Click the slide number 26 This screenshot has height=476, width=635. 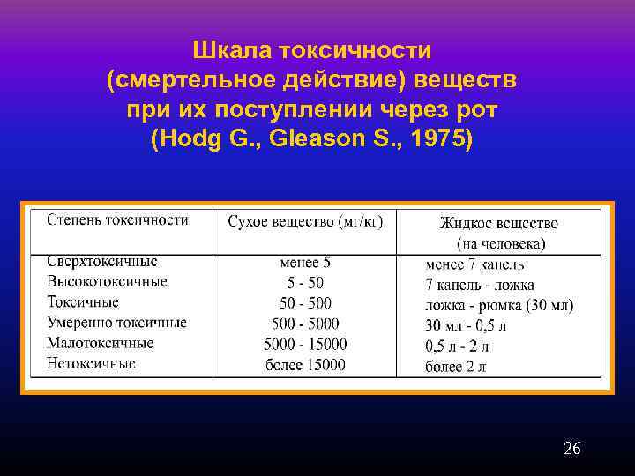(572, 449)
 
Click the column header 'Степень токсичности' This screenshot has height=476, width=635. (117, 219)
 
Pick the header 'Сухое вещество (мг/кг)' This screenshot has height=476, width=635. (305, 221)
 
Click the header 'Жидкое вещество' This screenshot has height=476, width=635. (500, 224)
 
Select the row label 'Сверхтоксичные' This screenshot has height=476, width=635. (102, 261)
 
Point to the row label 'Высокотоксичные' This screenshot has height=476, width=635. (107, 282)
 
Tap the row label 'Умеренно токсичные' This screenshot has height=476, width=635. (116, 323)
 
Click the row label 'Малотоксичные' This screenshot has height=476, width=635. (101, 343)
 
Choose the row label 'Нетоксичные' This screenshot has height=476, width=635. (91, 363)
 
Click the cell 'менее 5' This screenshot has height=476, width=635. (305, 262)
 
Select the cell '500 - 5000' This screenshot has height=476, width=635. (305, 324)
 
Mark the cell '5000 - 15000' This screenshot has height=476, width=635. (305, 344)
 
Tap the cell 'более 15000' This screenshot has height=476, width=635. (305, 364)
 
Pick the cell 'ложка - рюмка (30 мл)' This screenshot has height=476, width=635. (499, 305)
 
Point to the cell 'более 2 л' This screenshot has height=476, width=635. (456, 366)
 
